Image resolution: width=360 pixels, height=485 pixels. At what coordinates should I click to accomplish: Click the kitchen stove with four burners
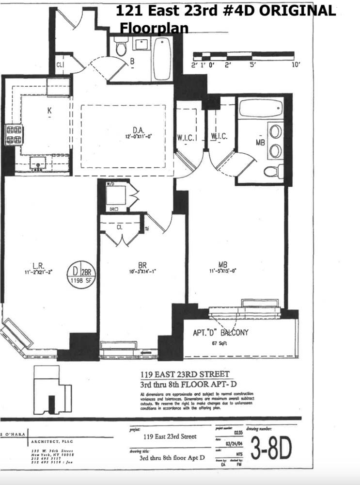point(14,134)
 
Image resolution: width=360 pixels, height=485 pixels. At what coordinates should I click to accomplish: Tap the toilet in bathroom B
point(121,48)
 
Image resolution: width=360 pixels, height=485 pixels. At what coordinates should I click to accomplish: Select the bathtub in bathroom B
point(162,59)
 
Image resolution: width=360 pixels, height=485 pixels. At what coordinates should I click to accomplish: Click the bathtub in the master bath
point(261,108)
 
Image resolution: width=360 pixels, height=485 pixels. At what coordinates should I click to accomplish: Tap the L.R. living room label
point(39,265)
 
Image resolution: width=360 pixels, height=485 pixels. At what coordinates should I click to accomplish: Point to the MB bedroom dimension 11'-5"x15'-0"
point(222,272)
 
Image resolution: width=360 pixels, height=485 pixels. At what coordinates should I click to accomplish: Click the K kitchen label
point(49,111)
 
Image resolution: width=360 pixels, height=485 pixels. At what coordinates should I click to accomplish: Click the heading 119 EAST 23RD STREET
point(185,374)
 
